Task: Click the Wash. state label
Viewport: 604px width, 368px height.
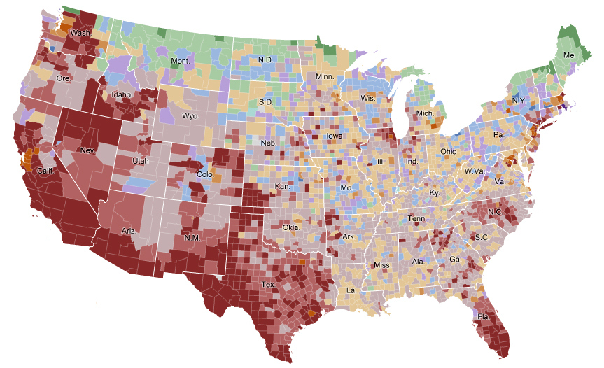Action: pos(80,33)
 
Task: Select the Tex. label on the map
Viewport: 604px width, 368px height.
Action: pos(267,285)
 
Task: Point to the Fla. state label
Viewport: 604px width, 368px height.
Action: pos(483,316)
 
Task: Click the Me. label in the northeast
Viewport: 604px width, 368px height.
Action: pos(568,55)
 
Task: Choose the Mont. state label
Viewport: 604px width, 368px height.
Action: pos(181,62)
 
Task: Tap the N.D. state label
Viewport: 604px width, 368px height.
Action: pos(265,59)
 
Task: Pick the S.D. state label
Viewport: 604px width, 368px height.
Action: pos(265,102)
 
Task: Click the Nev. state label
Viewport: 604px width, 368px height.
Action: pos(87,150)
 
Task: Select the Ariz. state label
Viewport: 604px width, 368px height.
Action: pos(128,230)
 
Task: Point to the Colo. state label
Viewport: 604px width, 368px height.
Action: pos(205,174)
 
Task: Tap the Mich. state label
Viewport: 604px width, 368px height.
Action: pos(425,113)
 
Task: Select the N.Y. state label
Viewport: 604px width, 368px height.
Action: pos(519,101)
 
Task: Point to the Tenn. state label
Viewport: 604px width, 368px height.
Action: pos(417,219)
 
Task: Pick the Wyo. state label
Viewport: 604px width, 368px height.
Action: pos(190,115)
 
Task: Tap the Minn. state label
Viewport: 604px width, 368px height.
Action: pos(324,76)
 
